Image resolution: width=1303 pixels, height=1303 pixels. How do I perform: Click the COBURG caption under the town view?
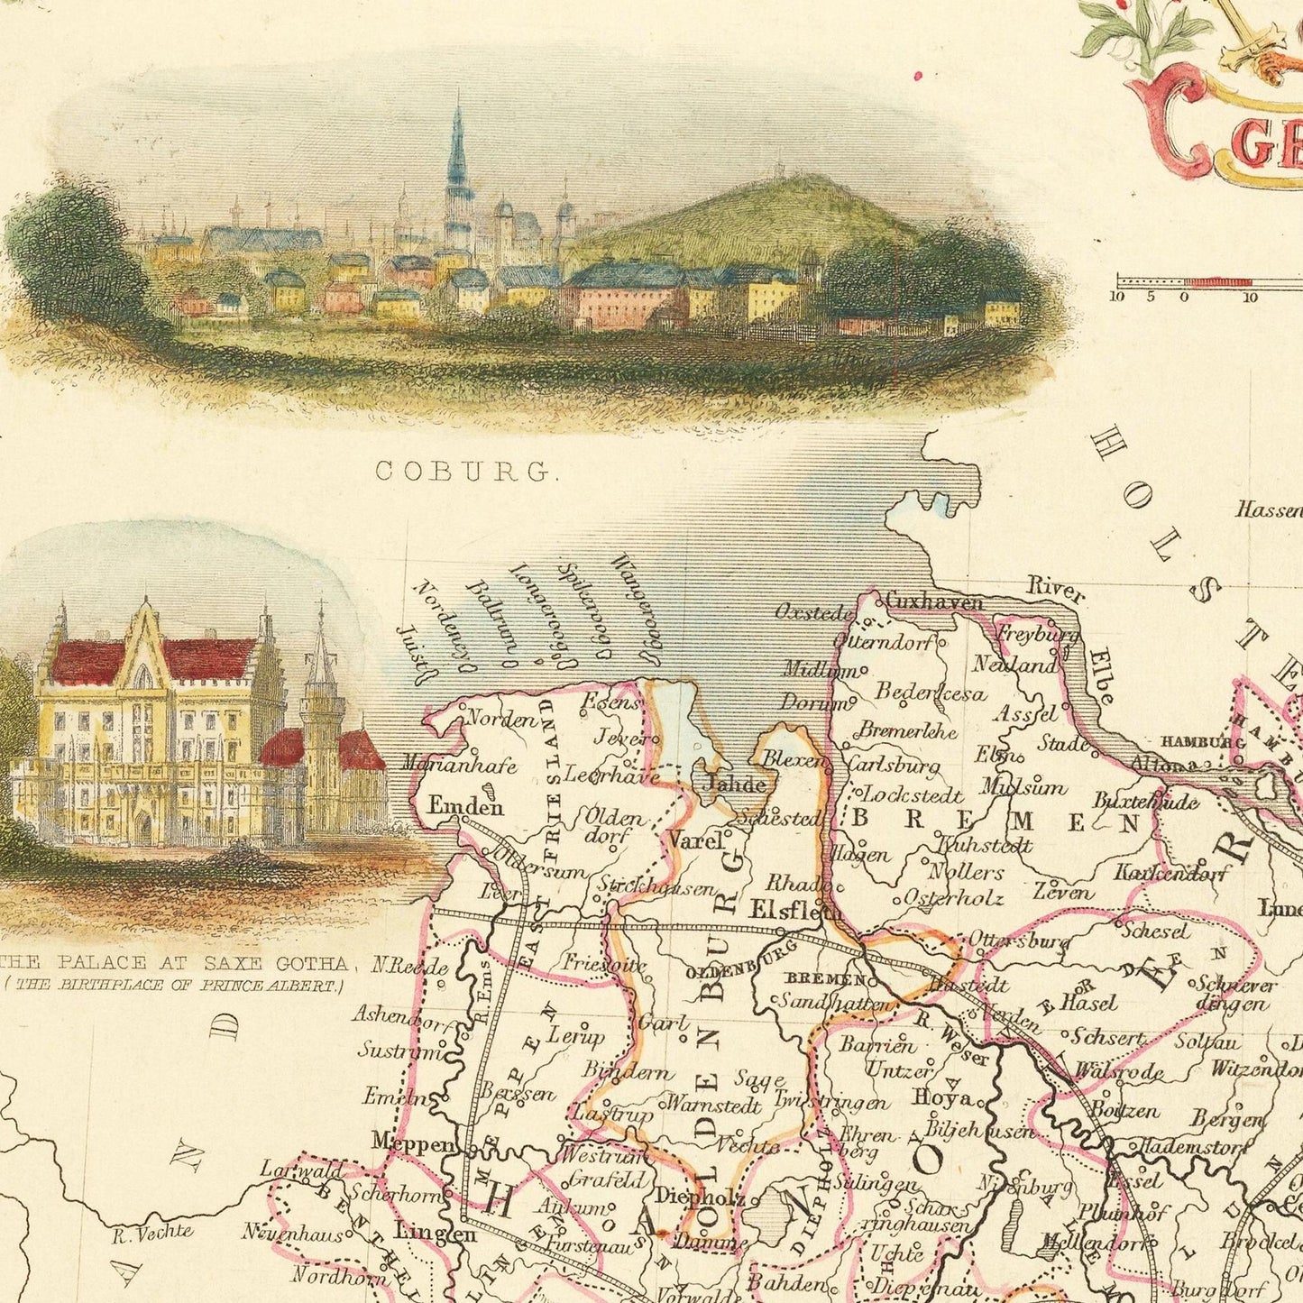[x=463, y=470]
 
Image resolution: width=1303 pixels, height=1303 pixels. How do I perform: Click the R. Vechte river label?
[x=154, y=1231]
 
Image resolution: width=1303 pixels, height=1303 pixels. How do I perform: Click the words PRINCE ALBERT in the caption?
[x=269, y=986]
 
